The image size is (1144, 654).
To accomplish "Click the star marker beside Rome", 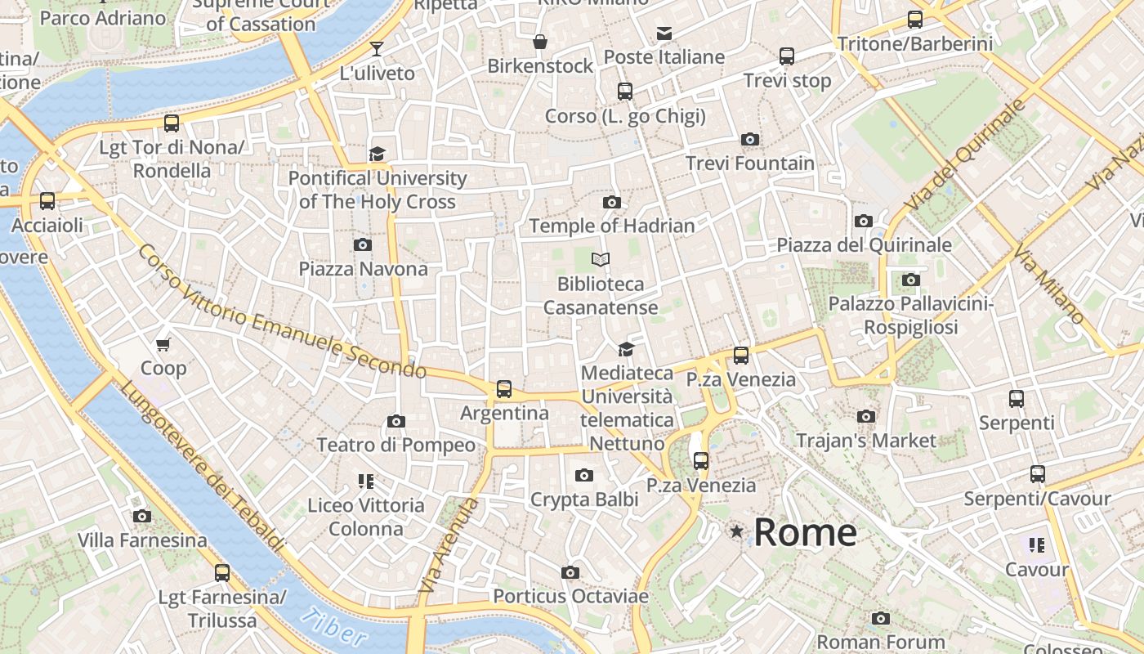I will [x=737, y=532].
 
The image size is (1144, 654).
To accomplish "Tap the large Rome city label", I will [x=805, y=533].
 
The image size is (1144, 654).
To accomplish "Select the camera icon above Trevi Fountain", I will [x=749, y=140].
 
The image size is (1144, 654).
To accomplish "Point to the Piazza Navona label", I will [x=363, y=269].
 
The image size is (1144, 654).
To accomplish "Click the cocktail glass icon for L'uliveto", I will [x=377, y=49].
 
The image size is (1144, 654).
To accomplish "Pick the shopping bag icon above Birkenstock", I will [x=539, y=42].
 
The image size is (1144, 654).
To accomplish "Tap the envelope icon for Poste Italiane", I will [x=664, y=34].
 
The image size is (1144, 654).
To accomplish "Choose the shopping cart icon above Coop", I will [x=163, y=344].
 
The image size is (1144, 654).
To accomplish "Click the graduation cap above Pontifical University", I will [x=377, y=155].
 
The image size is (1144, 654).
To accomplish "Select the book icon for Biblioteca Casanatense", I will [x=601, y=260].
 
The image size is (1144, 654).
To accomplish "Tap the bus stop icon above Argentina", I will [x=504, y=389].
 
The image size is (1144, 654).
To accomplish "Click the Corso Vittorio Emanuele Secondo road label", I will [x=282, y=311].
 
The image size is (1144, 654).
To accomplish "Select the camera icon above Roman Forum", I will [x=880, y=618].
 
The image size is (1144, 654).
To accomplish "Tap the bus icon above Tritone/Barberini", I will [x=914, y=20].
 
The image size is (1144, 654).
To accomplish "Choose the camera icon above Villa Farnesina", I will [x=142, y=517].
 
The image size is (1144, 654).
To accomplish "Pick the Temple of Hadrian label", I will [x=612, y=226].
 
